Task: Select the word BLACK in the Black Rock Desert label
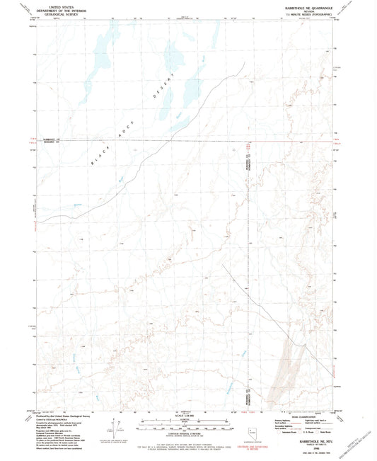100,158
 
